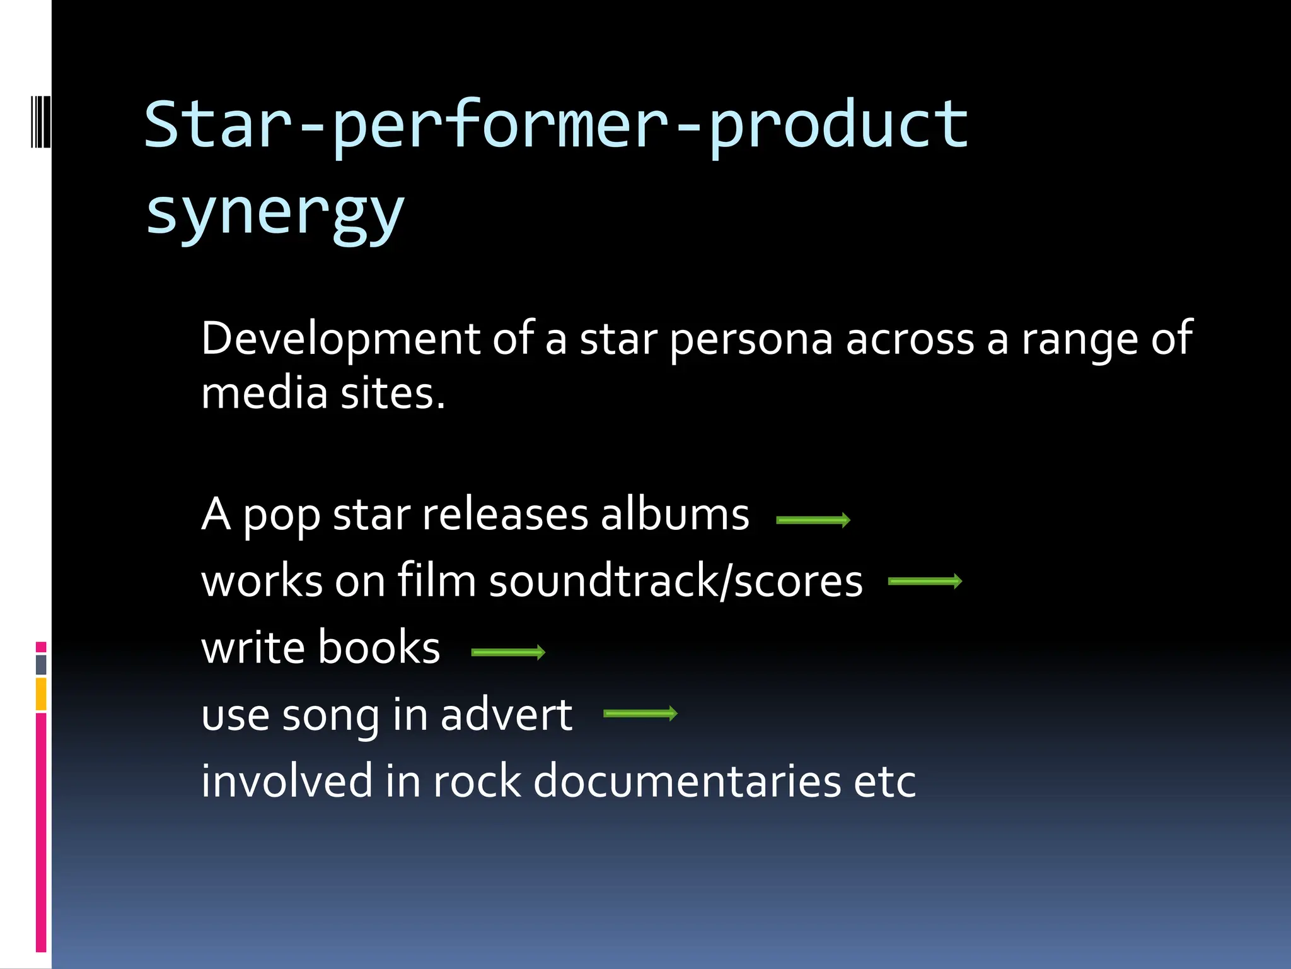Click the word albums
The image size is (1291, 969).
tap(674, 514)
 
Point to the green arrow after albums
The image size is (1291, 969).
tap(813, 520)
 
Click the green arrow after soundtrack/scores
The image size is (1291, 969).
tap(925, 581)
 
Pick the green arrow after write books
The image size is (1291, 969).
tap(508, 652)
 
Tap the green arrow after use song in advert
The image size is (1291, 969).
tap(640, 714)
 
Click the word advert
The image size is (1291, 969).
tap(506, 715)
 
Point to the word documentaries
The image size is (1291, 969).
tap(687, 781)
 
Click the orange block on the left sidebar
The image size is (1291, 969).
tap(41, 694)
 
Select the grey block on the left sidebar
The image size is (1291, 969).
tap(41, 664)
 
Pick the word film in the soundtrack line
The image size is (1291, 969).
tap(436, 580)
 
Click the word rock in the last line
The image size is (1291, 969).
tap(477, 781)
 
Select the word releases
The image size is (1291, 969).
tap(504, 514)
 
